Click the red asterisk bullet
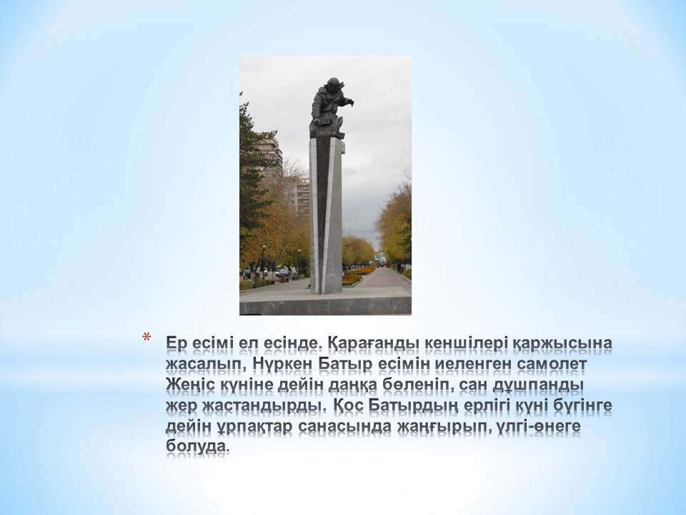(x=146, y=338)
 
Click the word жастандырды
(x=264, y=406)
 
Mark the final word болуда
(x=197, y=446)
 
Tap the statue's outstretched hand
(x=349, y=103)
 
